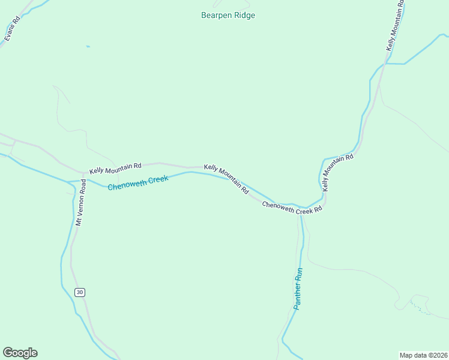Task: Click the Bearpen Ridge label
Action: [228, 16]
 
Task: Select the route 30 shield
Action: [80, 292]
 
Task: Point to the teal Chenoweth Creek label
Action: [134, 183]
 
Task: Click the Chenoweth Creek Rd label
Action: [292, 208]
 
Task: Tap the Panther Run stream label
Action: [300, 289]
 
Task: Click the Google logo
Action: [20, 353]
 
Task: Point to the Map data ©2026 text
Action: [423, 355]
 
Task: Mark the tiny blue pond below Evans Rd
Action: [88, 46]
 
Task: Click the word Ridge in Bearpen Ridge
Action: [244, 16]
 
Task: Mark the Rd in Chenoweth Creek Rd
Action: [318, 209]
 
